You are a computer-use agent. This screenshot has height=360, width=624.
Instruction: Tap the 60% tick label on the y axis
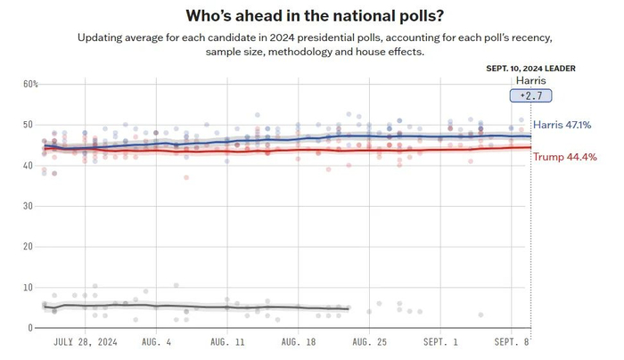[x=29, y=84]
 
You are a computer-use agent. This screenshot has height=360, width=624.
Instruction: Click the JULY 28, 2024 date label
[x=85, y=342]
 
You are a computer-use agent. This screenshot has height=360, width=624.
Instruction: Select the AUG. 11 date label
[x=227, y=342]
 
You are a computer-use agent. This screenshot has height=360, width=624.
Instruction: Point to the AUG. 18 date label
[x=299, y=342]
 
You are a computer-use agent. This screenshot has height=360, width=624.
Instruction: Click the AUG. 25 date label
[x=369, y=342]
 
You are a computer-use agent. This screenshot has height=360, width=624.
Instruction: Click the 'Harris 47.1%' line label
[x=564, y=126]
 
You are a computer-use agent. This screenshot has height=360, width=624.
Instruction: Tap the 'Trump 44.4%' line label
[x=564, y=157]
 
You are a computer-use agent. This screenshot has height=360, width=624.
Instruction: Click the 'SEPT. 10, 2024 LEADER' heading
[x=530, y=69]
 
